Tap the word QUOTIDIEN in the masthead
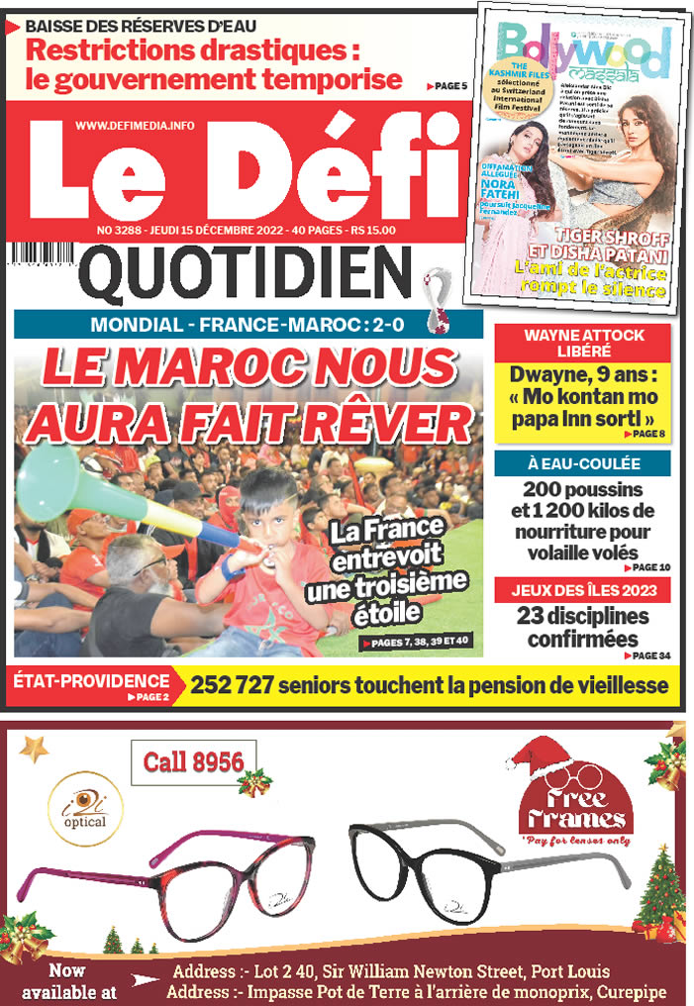[246, 273]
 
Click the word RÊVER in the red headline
[387, 424]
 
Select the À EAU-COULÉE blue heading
[582, 463]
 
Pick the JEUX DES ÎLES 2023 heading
[582, 591]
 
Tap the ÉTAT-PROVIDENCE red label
[91, 680]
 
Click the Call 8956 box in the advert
[194, 762]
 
